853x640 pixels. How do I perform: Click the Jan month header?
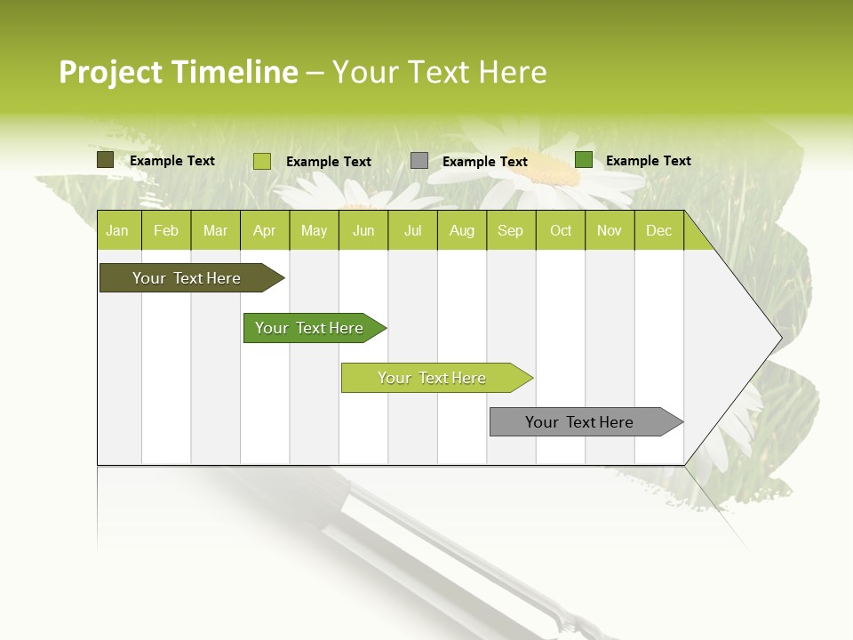coord(118,230)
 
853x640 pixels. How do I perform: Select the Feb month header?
coord(166,230)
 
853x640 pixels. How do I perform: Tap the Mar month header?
coord(215,230)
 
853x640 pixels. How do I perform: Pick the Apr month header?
coord(265,230)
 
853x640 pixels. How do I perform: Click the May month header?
coord(314,230)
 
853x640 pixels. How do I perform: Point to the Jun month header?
coord(363,230)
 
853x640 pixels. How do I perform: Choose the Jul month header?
coord(412,230)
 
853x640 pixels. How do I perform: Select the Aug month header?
coord(462,230)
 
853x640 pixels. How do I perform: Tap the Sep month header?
coord(511,230)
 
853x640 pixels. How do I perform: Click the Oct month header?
coord(561,230)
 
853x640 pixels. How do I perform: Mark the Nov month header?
coord(610,230)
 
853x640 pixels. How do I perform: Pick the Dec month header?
coord(659,230)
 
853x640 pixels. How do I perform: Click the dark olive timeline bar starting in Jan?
coord(187,278)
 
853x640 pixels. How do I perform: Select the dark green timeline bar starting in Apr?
coord(310,328)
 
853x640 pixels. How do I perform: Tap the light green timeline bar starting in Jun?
coord(433,378)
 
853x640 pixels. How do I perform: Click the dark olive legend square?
coord(106,160)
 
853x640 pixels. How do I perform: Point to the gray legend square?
coord(419,161)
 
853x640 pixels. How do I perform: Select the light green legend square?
coord(262,161)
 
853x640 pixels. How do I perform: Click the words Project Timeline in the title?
coord(179,72)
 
